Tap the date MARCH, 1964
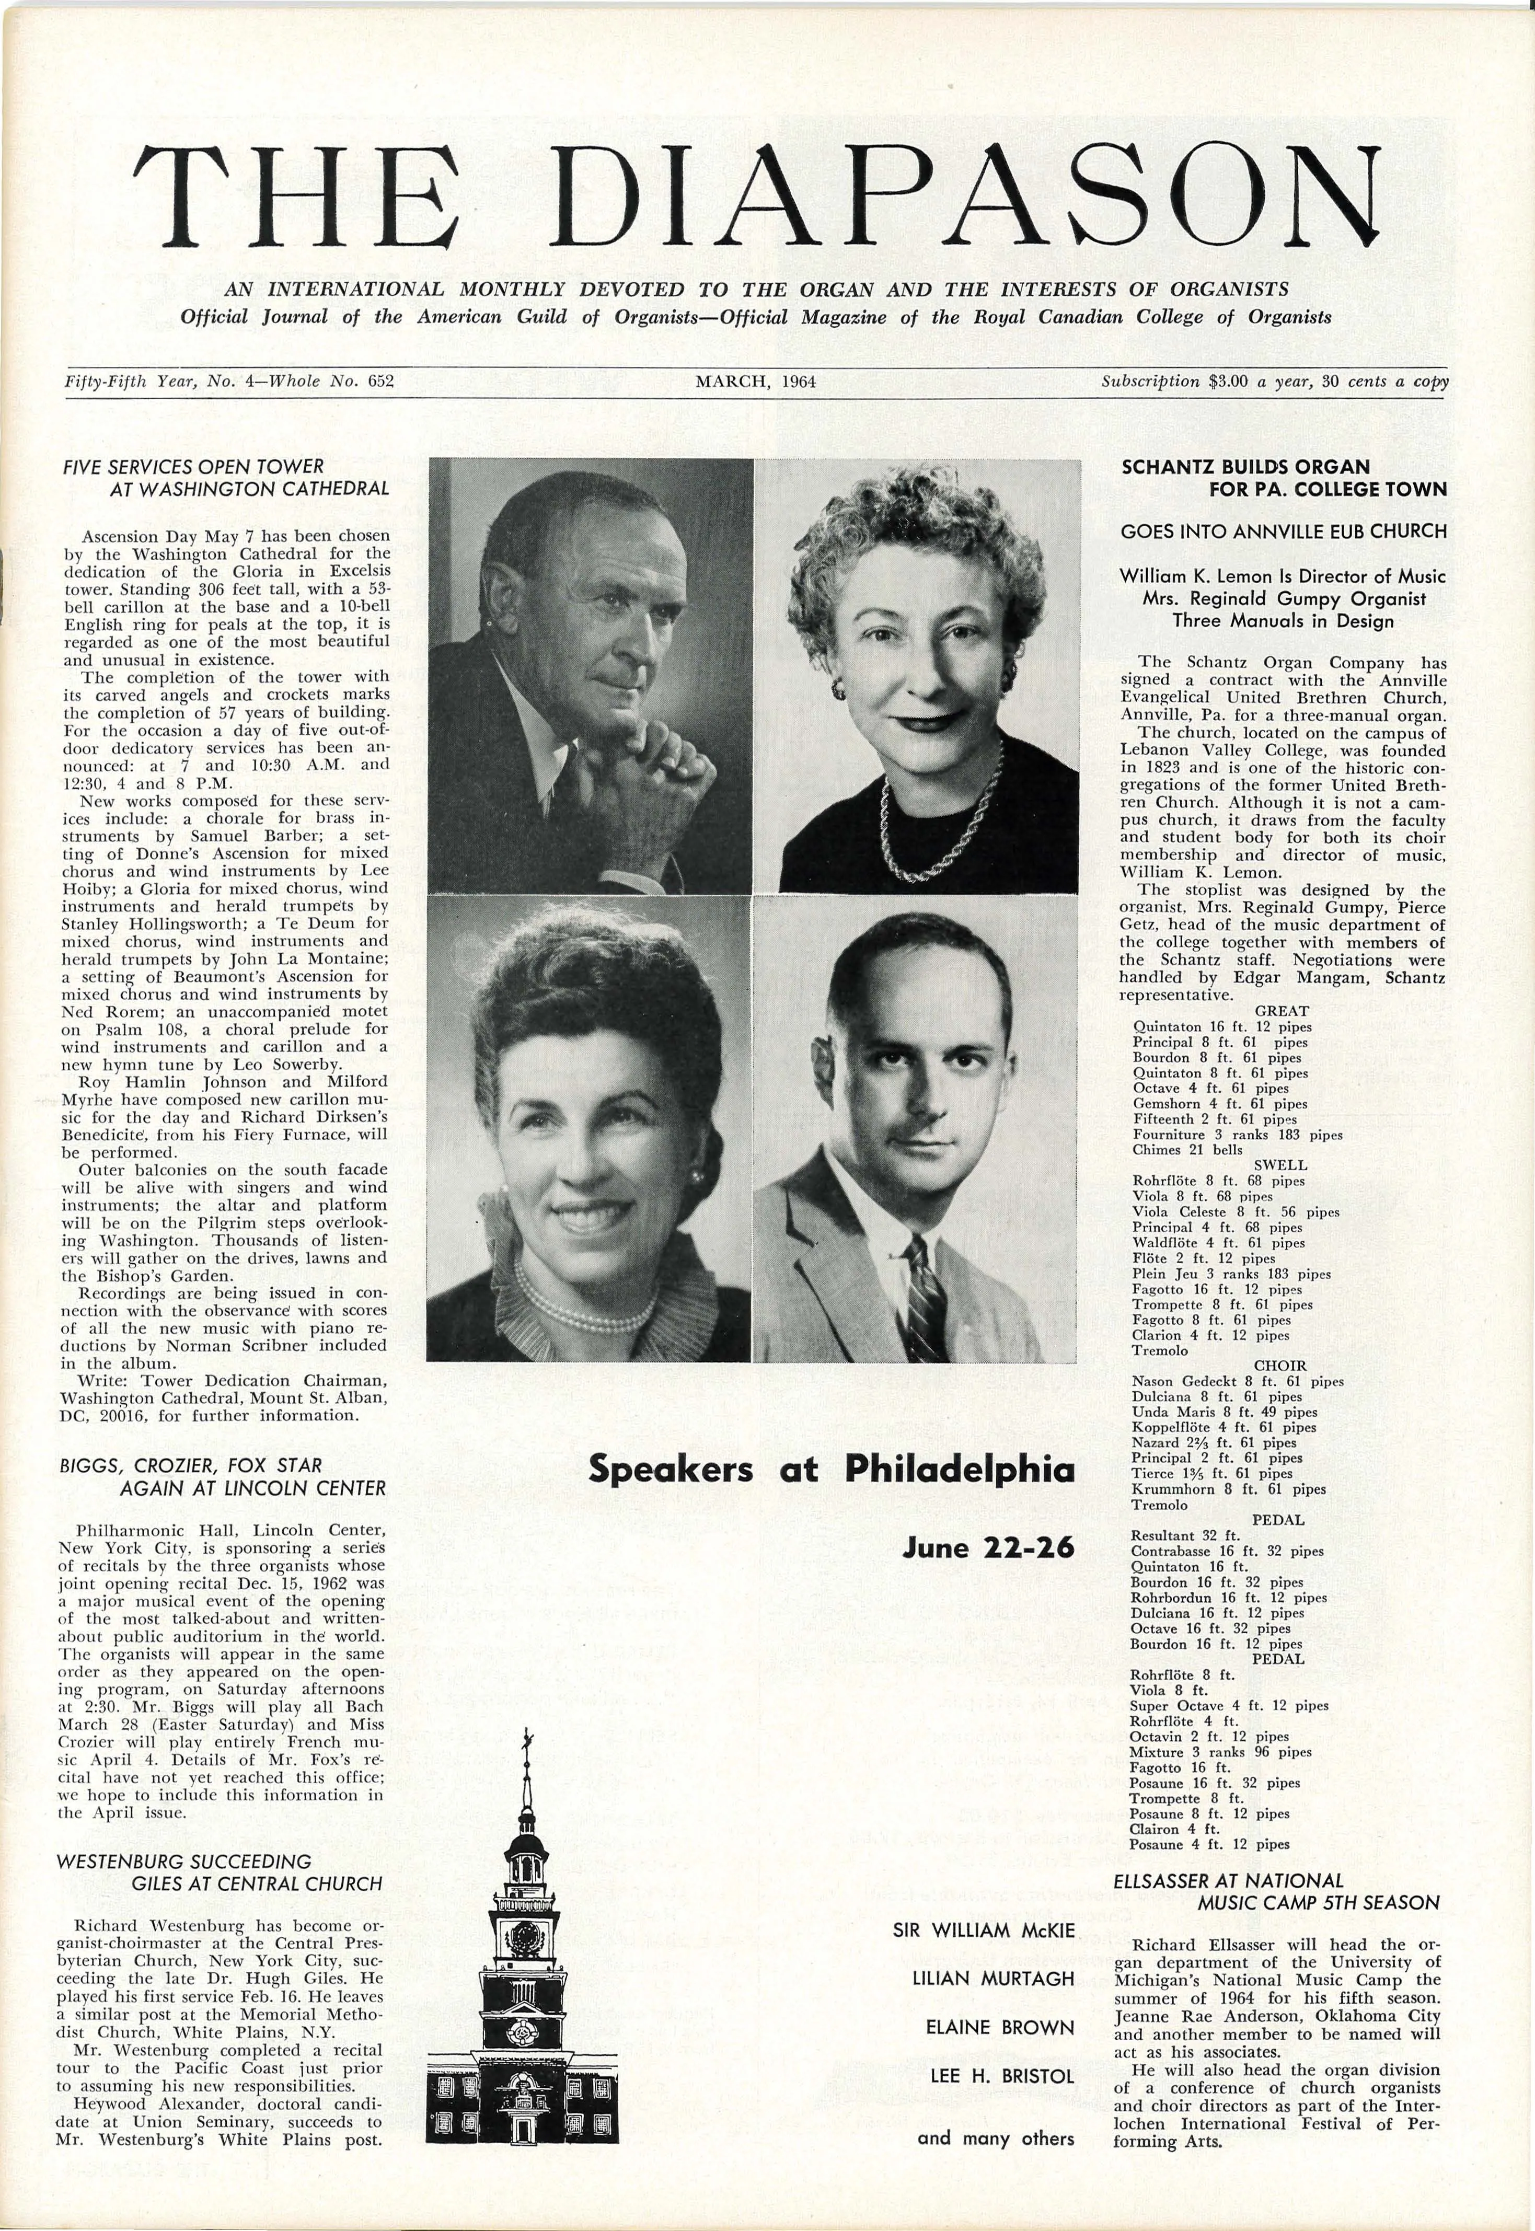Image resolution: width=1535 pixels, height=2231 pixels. coord(755,382)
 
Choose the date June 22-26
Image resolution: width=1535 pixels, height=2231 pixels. coord(988,1548)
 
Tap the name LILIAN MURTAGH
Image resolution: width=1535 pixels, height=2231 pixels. coord(992,1952)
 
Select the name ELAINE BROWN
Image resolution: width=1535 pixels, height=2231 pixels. coord(999,2000)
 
